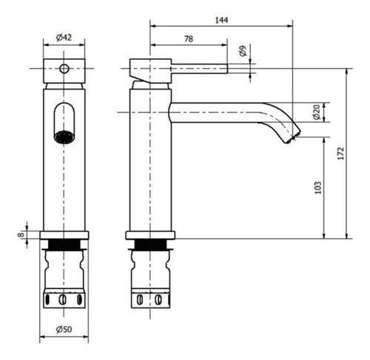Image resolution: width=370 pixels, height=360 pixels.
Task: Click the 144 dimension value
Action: [221, 20]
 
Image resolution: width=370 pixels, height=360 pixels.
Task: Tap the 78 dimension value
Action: [189, 39]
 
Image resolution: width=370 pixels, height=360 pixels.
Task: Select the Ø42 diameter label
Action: [64, 38]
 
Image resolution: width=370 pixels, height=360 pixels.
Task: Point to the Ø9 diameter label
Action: [243, 51]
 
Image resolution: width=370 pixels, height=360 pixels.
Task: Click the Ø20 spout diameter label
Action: [317, 112]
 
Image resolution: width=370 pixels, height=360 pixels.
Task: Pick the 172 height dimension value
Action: [340, 153]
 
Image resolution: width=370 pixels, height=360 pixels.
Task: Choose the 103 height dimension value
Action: [318, 188]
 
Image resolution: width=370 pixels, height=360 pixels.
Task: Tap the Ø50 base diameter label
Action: [64, 329]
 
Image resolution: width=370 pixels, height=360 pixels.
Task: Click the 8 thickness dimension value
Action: [21, 234]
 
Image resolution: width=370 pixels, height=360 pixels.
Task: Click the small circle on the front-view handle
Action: [64, 69]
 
